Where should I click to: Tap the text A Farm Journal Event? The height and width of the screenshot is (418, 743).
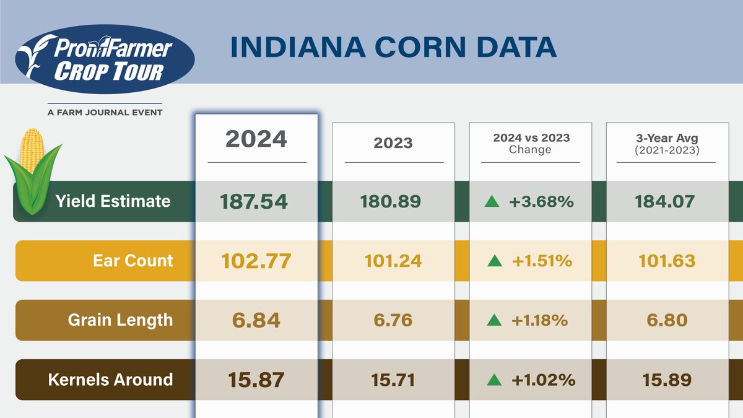105,112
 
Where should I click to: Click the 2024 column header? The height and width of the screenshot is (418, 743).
256,139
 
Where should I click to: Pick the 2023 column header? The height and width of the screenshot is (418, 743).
393,142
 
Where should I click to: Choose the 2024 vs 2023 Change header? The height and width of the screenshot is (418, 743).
530,144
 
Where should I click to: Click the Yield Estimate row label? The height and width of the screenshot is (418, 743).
113,201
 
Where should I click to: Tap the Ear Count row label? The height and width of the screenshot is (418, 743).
133,261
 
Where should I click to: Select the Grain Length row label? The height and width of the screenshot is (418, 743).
120,320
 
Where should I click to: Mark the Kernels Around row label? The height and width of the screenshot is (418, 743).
110,379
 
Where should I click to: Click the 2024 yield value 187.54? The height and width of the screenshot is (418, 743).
254,201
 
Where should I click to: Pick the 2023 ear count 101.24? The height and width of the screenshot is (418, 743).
393,261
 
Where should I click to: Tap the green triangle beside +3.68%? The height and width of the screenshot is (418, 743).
492,201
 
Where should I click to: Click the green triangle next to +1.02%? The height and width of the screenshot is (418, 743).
493,379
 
